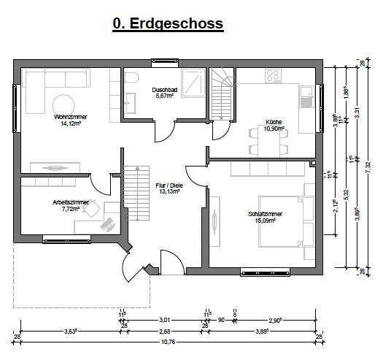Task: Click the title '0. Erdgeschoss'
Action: (168, 24)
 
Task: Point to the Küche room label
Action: (274, 125)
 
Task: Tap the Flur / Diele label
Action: (167, 188)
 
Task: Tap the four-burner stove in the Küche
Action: (274, 76)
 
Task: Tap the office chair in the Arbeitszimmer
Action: (91, 209)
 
